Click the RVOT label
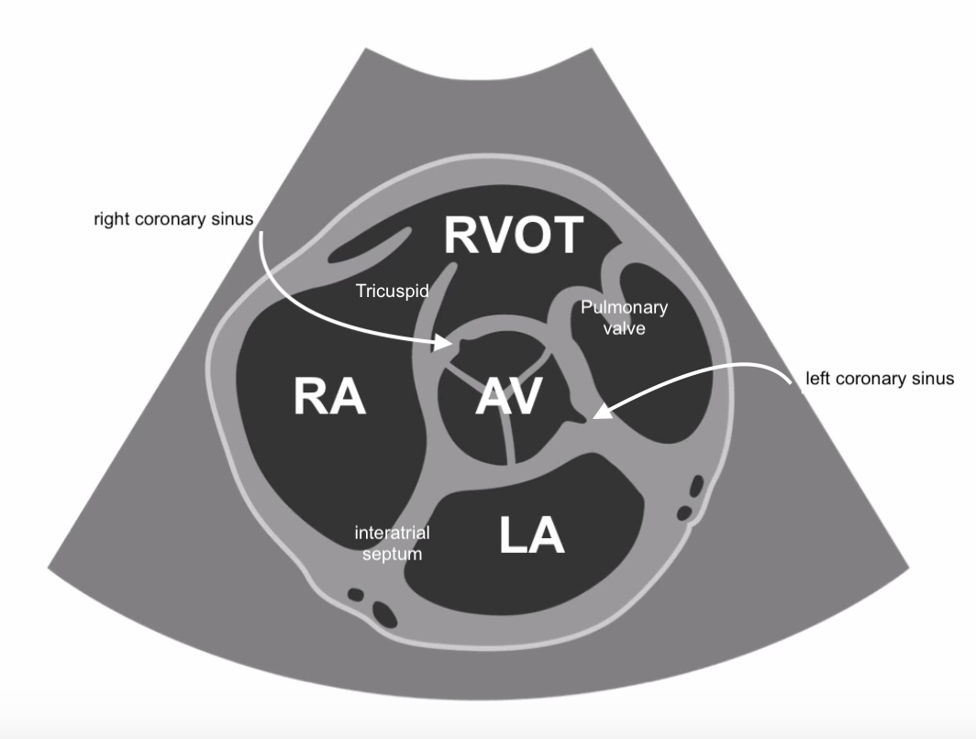(x=513, y=236)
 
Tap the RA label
(x=330, y=398)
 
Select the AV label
(x=510, y=398)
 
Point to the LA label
(x=532, y=535)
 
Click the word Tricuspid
(x=391, y=291)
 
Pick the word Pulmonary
(x=624, y=308)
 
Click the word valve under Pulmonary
(x=624, y=327)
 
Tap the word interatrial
(x=393, y=533)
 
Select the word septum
(x=393, y=553)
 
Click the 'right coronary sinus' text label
(x=172, y=221)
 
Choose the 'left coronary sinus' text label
(x=880, y=378)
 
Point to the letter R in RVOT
(x=462, y=236)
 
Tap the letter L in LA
(x=514, y=535)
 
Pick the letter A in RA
(x=349, y=398)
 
